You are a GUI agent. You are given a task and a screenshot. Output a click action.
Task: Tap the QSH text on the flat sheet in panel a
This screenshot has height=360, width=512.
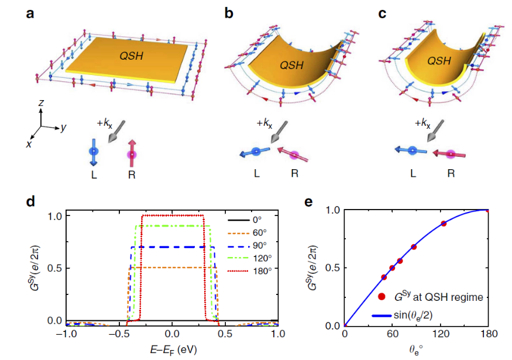pos(131,56)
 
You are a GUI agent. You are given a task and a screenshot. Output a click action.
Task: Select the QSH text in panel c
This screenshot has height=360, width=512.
pos(439,61)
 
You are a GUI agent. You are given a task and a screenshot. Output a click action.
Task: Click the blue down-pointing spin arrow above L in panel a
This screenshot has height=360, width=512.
pos(94,152)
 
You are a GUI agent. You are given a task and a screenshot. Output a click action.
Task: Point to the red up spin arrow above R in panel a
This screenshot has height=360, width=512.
pos(132,153)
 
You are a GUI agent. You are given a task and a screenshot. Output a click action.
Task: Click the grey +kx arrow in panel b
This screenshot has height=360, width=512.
pos(279,132)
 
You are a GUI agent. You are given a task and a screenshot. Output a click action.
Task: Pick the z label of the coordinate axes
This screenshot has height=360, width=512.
pos(41,103)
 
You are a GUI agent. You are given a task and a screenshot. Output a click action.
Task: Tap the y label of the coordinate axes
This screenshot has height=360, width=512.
pos(63,127)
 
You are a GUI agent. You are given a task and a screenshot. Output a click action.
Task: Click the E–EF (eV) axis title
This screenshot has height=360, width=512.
pos(173,350)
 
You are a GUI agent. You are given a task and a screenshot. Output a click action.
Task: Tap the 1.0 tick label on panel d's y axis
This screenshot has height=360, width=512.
pos(55,216)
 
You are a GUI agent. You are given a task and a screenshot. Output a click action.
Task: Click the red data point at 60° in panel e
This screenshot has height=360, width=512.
pos(392,268)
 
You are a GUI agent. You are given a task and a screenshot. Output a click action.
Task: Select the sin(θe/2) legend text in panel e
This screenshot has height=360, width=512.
pos(413,316)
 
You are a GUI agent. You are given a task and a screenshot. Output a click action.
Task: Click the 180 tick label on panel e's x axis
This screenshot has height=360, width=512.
pos(489,334)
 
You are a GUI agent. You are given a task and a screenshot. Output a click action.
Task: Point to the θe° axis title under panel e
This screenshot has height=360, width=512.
pos(415,350)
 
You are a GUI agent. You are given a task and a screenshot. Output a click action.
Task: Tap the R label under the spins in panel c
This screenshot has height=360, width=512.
pos(451,173)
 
